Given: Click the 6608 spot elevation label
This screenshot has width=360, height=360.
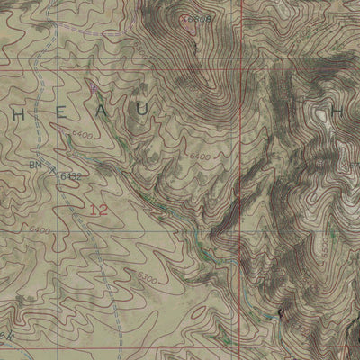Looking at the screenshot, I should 200,17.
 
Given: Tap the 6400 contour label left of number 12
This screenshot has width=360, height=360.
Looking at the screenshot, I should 39,230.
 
